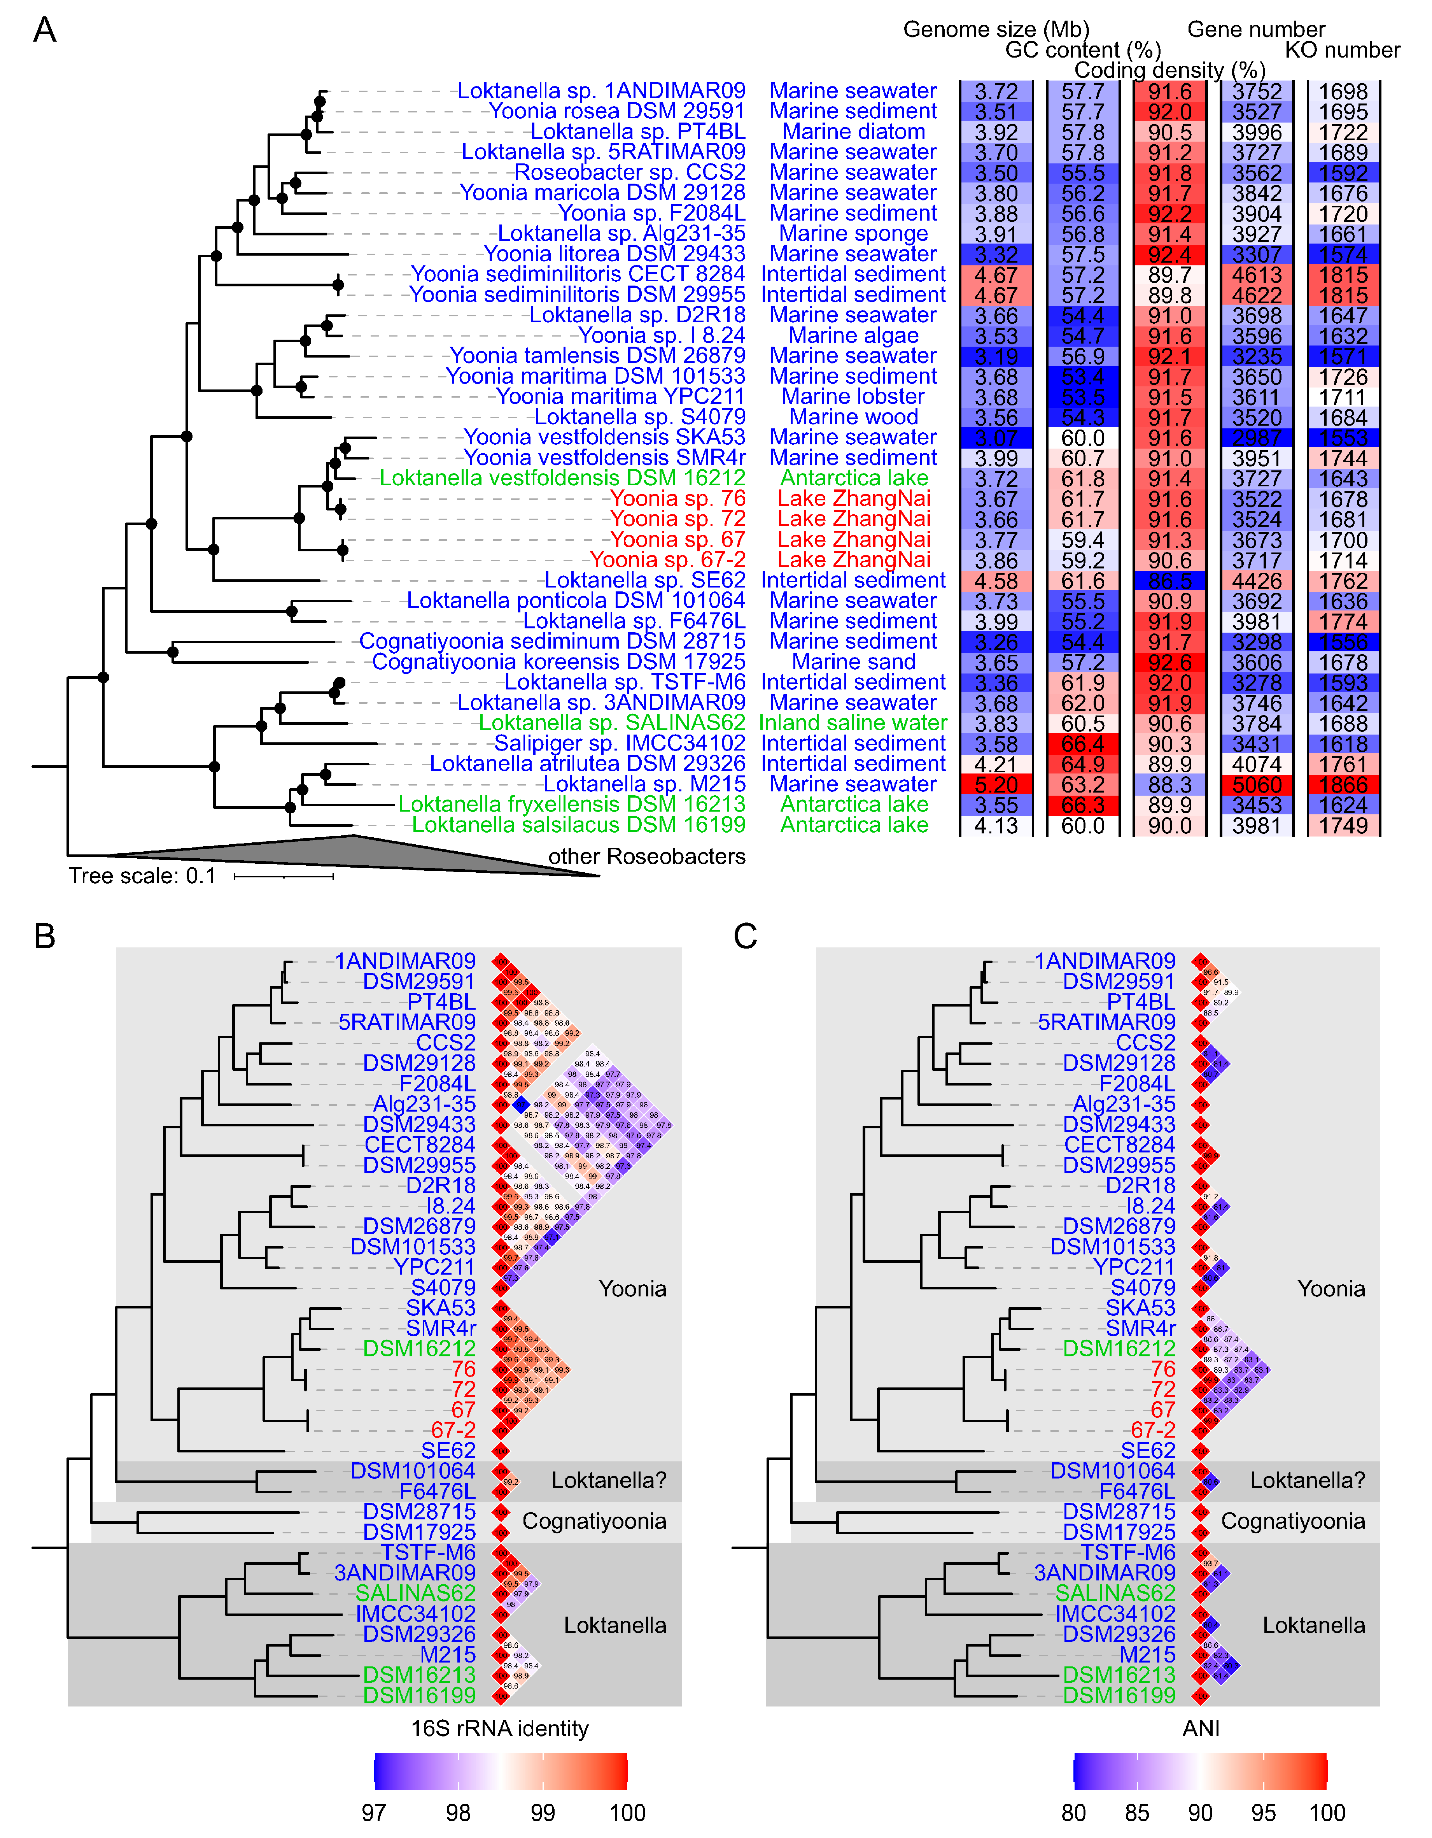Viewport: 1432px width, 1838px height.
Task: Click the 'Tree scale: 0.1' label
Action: pyautogui.click(x=142, y=876)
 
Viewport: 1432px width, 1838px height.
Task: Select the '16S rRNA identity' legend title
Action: pyautogui.click(x=500, y=1729)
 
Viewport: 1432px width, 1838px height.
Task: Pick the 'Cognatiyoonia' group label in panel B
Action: pyautogui.click(x=594, y=1522)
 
